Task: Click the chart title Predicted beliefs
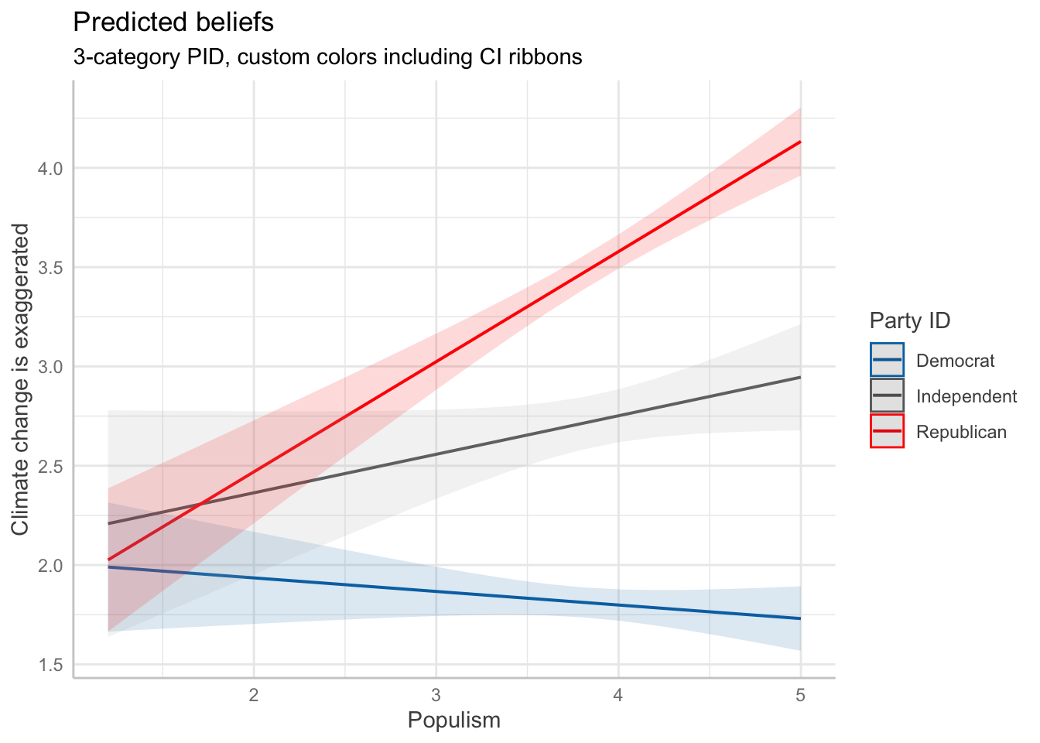[173, 22]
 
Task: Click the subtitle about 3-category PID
[327, 57]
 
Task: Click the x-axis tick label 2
[254, 696]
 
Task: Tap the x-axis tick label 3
[436, 696]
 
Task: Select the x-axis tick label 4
[618, 696]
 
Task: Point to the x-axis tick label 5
[800, 696]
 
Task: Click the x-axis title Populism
[454, 721]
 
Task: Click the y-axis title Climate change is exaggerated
[21, 379]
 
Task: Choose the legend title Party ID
[910, 320]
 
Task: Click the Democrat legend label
[955, 361]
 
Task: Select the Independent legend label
[966, 396]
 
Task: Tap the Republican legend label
[961, 432]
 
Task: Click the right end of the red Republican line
[799, 142]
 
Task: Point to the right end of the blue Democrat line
[799, 618]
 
